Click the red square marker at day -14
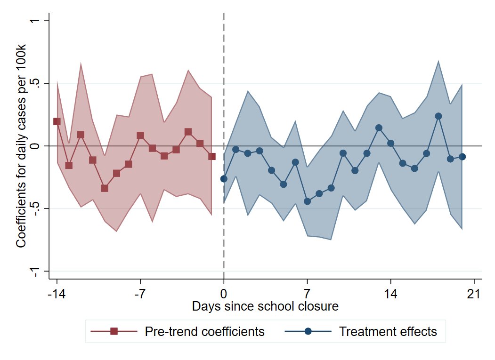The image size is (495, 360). click(57, 121)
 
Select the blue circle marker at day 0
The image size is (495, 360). click(224, 179)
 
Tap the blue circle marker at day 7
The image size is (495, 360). click(307, 201)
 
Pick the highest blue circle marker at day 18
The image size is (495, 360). click(438, 116)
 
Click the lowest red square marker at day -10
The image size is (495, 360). click(105, 188)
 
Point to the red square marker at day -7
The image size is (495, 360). click(140, 136)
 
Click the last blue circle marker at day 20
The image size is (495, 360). click(462, 157)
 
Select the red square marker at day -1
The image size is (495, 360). click(212, 156)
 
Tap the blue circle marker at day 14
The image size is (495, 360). click(390, 143)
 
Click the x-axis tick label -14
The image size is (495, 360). click(57, 294)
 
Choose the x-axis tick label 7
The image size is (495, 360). click(307, 294)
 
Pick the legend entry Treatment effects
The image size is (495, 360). click(388, 332)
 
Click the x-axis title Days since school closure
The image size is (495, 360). click(265, 307)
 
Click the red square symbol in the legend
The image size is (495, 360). click(114, 332)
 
